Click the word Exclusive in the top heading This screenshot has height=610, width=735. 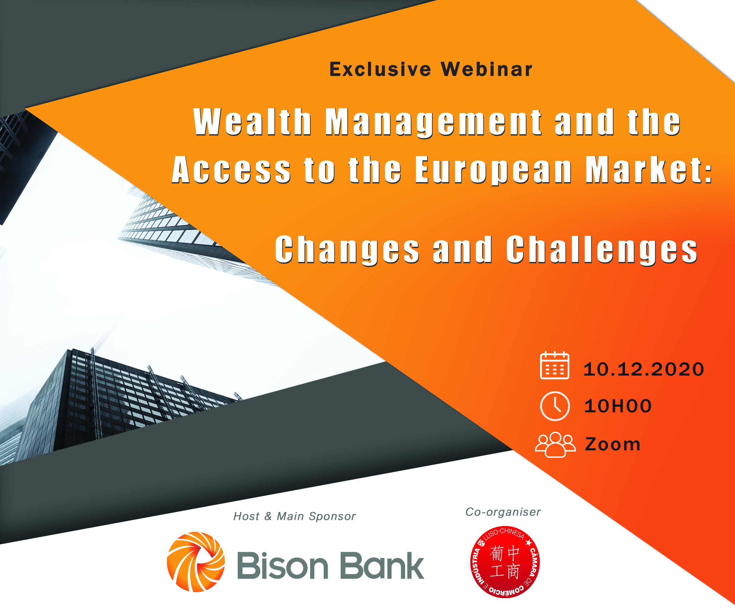click(x=380, y=69)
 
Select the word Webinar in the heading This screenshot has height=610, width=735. click(x=487, y=69)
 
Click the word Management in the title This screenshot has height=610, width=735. click(x=433, y=122)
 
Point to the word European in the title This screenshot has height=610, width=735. click(x=493, y=170)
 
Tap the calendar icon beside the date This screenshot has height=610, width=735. click(x=555, y=365)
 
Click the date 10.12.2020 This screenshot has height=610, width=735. click(x=644, y=369)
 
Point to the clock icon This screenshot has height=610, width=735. click(x=555, y=406)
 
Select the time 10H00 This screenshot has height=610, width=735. click(x=618, y=406)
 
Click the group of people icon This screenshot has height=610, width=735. click(x=555, y=444)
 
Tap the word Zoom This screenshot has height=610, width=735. click(x=613, y=444)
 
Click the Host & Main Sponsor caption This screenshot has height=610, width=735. click(x=294, y=516)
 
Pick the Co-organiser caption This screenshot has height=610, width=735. click(x=503, y=512)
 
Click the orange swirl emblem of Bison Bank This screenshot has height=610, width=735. click(x=196, y=562)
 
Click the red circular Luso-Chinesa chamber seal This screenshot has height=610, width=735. click(x=505, y=562)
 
